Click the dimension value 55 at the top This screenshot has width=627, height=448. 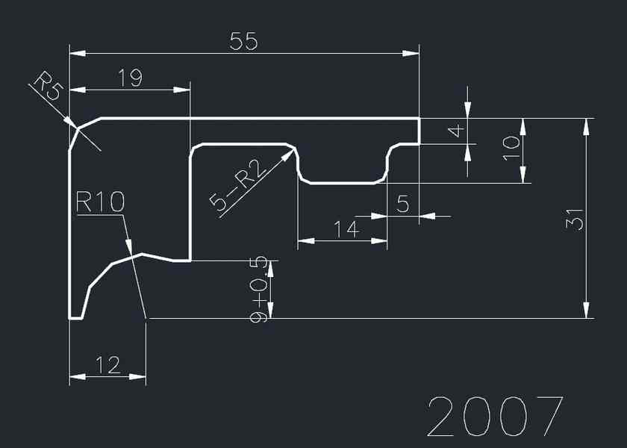click(243, 42)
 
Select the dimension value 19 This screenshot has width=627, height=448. click(130, 78)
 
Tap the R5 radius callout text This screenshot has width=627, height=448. click(48, 86)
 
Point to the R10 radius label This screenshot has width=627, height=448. click(99, 202)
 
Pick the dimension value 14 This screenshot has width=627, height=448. click(346, 229)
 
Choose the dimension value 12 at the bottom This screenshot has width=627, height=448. click(108, 365)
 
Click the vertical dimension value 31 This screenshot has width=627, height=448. click(574, 218)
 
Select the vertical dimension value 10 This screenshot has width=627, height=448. click(511, 149)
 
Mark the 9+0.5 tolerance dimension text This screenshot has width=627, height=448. click(260, 290)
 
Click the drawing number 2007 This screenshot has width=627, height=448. click(495, 417)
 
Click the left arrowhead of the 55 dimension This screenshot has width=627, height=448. click(77, 53)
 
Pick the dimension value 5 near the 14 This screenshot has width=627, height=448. click(403, 203)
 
